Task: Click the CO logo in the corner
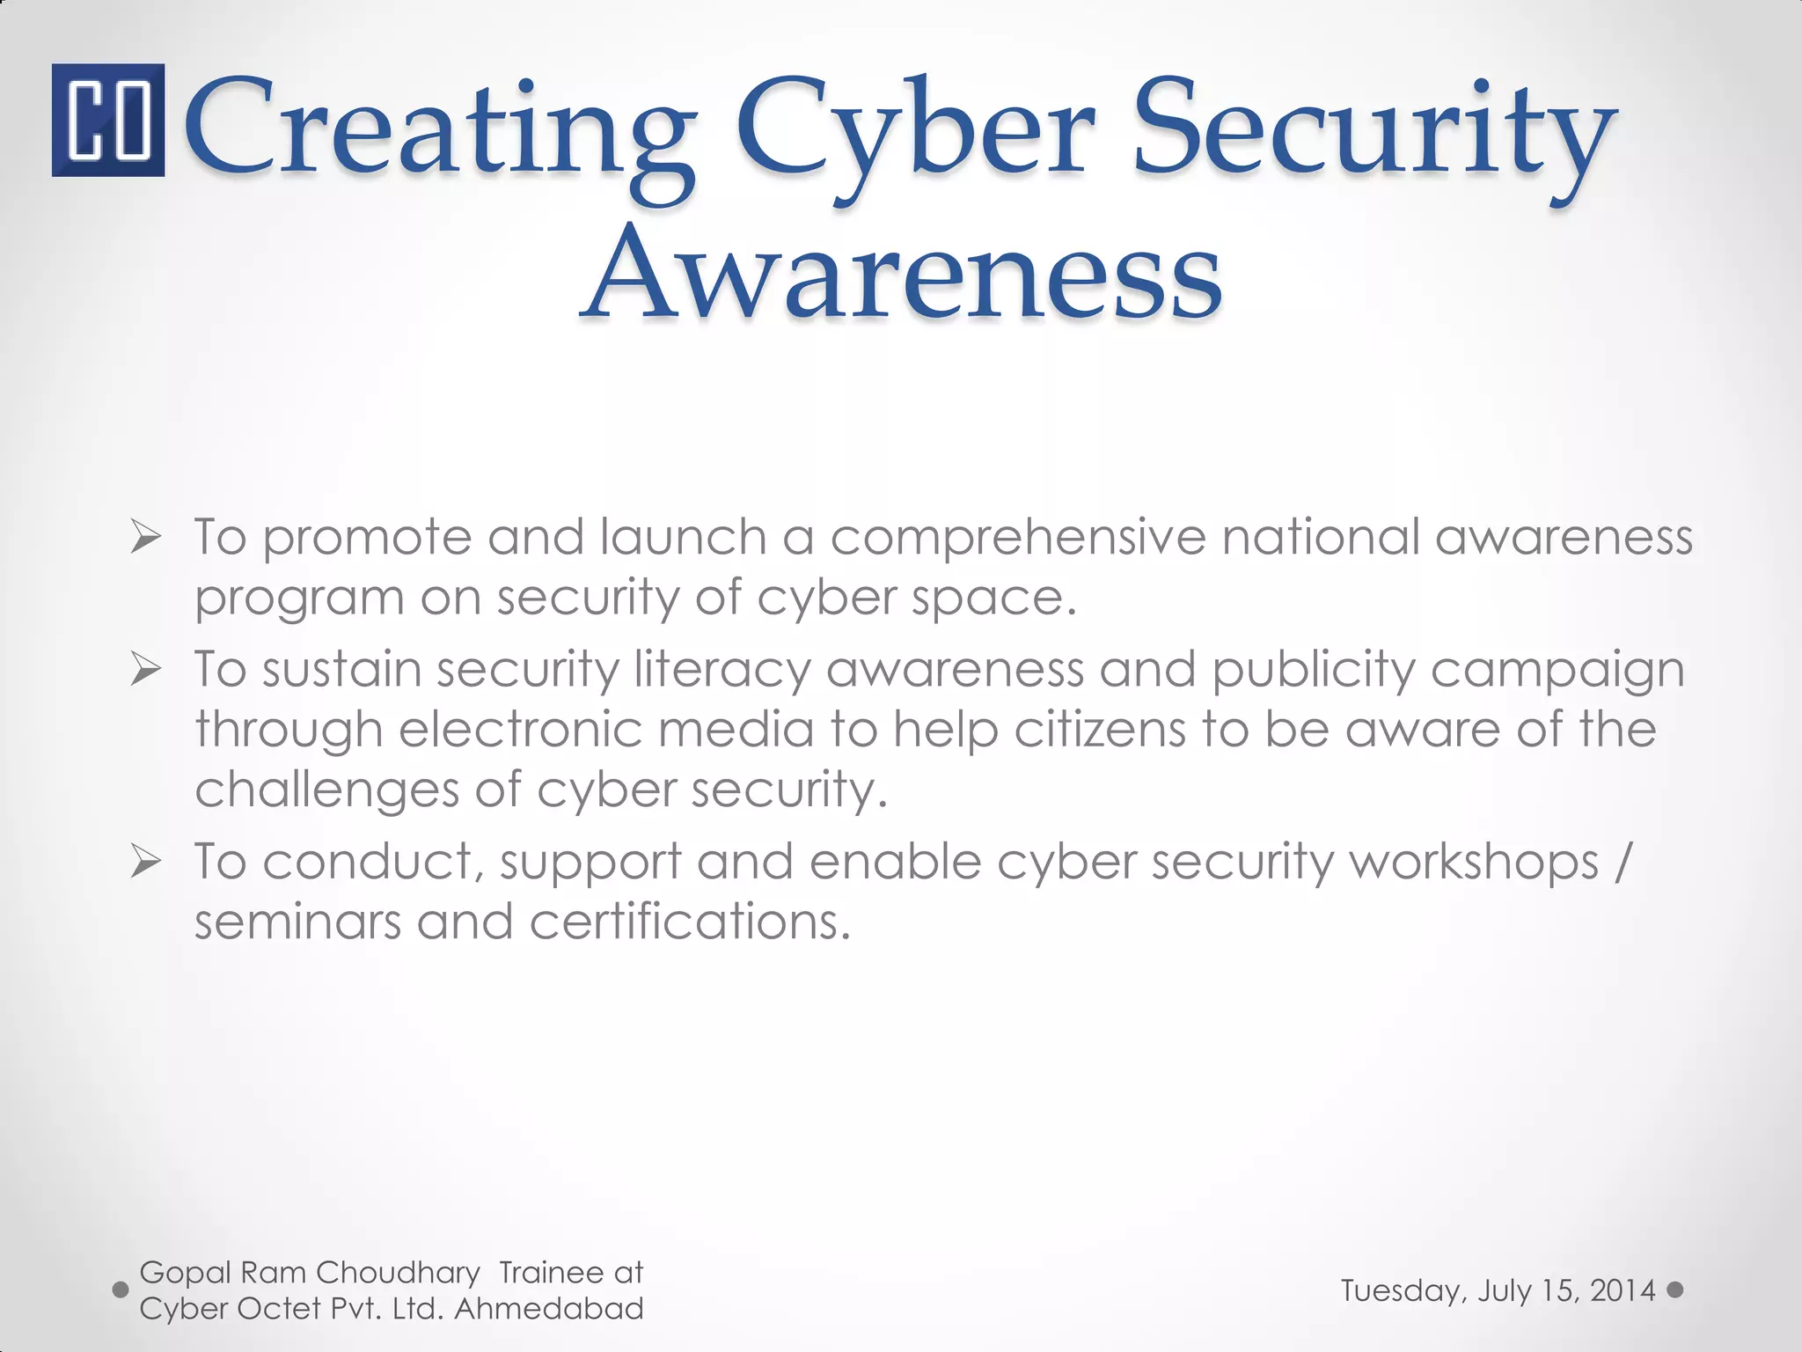pyautogui.click(x=107, y=120)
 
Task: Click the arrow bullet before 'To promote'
pyautogui.click(x=145, y=537)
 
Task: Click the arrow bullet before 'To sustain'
pyautogui.click(x=145, y=670)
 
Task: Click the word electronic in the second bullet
pyautogui.click(x=519, y=730)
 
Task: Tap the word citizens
pyautogui.click(x=1100, y=730)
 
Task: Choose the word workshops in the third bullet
pyautogui.click(x=1474, y=863)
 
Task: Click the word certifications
pyautogui.click(x=690, y=922)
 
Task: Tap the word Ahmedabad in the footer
pyautogui.click(x=549, y=1309)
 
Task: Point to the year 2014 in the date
pyautogui.click(x=1623, y=1290)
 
